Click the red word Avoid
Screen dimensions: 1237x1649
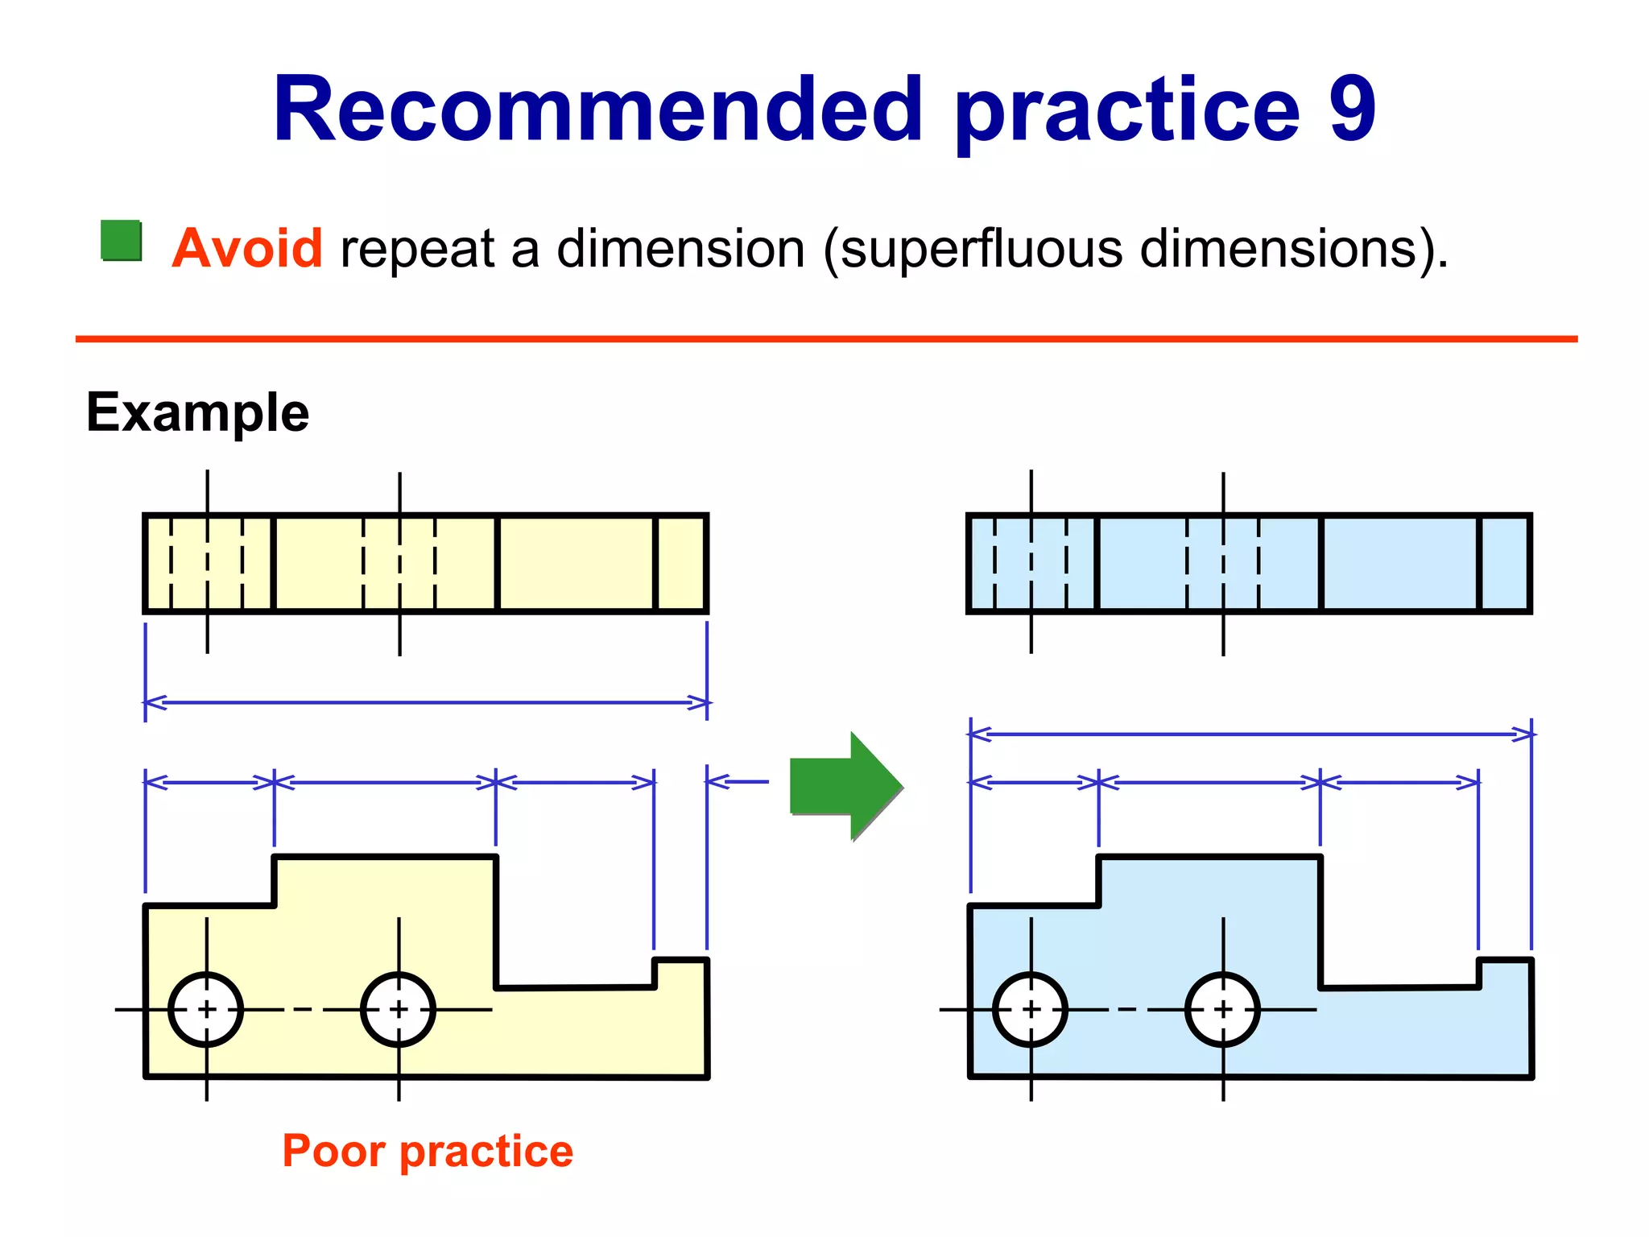(247, 248)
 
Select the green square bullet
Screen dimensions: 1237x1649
(122, 240)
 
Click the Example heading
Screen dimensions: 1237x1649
(197, 412)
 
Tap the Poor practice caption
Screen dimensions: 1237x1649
(428, 1150)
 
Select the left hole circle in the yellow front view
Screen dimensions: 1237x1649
(206, 1009)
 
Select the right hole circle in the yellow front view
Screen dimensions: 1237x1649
(399, 1009)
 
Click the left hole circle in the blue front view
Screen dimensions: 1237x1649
(1031, 1009)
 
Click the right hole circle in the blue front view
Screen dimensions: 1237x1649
(1223, 1009)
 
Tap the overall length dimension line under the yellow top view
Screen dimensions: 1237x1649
(427, 702)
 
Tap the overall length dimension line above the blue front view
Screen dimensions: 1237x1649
(1250, 734)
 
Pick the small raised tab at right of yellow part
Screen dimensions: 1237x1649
(680, 973)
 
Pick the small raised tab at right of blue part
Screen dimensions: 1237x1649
(1504, 973)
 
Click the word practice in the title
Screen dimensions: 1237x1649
(1127, 110)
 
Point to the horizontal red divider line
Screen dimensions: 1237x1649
(826, 339)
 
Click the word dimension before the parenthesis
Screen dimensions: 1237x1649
(680, 249)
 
